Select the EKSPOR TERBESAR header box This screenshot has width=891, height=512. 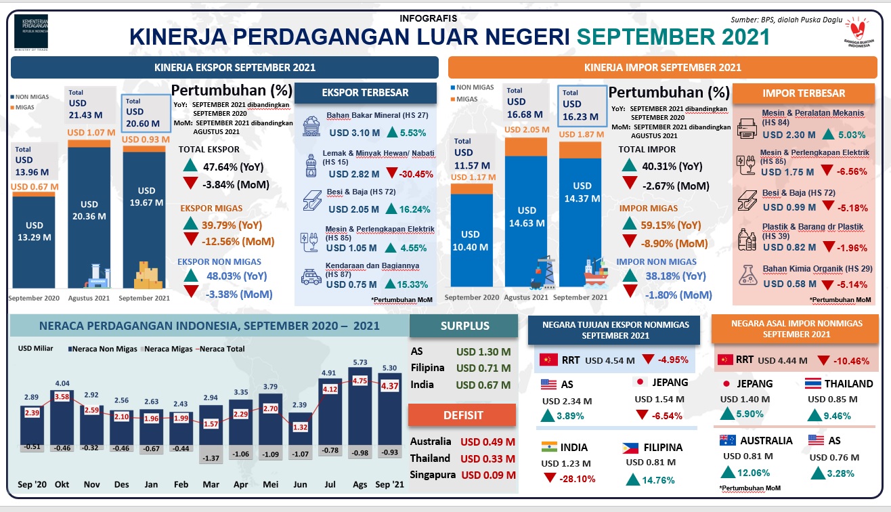365,93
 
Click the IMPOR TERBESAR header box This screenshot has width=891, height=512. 804,93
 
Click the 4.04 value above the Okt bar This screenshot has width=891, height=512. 62,383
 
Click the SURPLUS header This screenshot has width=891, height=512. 464,326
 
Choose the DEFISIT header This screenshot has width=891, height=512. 464,415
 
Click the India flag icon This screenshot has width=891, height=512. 549,447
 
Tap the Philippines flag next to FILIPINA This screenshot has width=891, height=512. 630,448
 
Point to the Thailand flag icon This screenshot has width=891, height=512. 813,384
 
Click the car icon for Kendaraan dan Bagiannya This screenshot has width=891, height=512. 311,278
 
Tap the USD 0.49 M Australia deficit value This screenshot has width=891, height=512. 487,442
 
